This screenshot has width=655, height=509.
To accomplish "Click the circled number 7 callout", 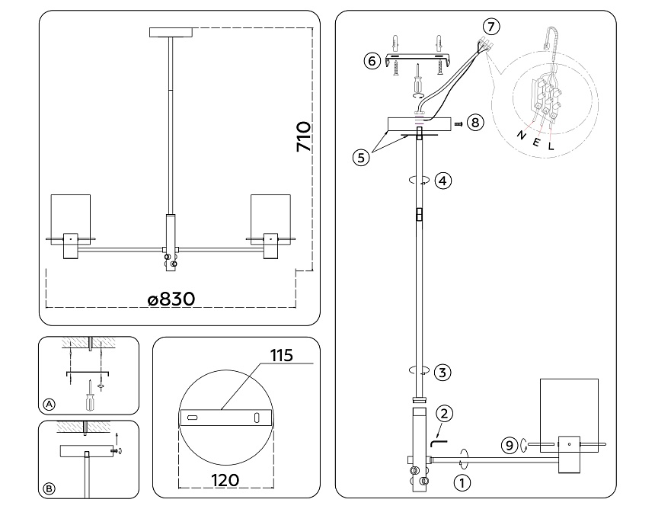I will pos(492,27).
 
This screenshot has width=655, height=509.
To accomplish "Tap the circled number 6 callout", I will pos(372,61).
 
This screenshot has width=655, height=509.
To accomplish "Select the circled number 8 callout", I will pos(475,122).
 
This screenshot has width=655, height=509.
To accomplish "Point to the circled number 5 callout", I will pos(362,158).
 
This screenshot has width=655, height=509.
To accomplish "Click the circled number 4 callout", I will pos(443,181).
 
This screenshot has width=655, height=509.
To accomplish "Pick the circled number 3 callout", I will pos(443,372).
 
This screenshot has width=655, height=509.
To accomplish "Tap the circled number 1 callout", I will pos(461,482).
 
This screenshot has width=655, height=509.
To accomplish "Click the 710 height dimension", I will pos(303,137).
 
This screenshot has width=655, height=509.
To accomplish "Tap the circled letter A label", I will pos(50,403).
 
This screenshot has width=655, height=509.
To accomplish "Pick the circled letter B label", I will pos(50,488).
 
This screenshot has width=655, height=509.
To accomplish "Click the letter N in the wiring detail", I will pos(520,135).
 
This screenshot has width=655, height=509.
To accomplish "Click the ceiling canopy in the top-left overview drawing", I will pos(172,31).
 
